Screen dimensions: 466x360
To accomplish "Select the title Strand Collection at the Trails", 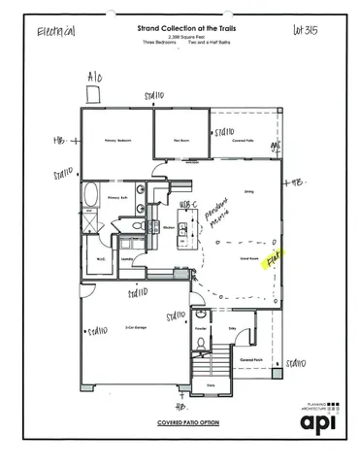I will click(180, 30).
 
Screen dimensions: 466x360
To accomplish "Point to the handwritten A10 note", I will click(94, 75).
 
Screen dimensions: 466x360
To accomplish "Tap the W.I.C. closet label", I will click(101, 259).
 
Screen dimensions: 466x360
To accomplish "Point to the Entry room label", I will click(232, 331).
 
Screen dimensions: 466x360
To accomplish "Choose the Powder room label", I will click(201, 331).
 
